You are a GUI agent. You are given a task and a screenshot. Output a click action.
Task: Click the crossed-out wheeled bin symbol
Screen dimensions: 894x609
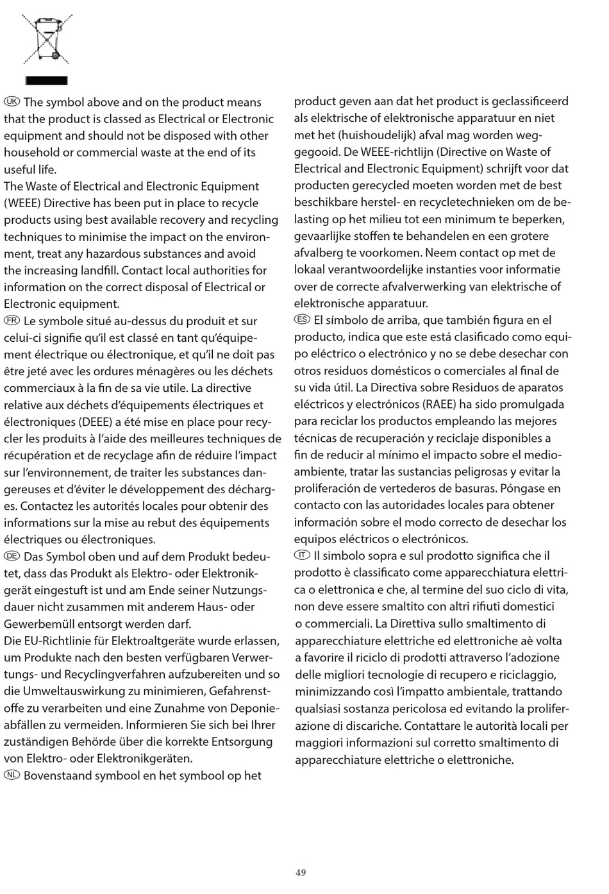47,40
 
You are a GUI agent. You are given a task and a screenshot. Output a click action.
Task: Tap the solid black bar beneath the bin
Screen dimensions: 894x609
46,81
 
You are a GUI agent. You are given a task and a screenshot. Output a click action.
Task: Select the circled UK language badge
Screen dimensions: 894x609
12,101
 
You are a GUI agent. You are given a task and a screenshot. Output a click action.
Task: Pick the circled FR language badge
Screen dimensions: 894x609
12,321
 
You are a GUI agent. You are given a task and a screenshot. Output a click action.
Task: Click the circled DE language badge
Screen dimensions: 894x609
12,556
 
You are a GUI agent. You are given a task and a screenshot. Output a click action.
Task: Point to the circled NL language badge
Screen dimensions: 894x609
12,775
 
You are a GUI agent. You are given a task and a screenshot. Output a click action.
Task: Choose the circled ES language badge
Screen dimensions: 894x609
303,319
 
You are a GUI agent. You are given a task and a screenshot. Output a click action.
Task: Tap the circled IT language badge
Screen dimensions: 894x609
303,555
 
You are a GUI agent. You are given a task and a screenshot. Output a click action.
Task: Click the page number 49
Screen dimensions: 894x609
301,872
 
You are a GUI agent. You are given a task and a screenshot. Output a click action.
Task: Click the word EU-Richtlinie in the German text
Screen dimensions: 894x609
65,641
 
